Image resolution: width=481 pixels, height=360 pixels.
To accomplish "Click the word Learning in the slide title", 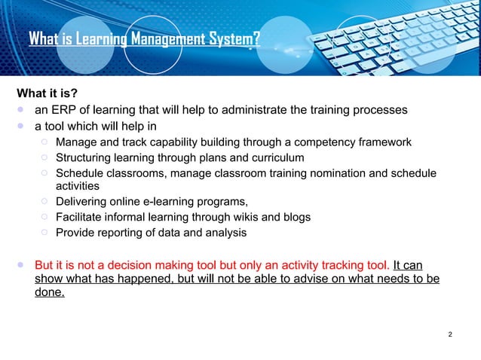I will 98,38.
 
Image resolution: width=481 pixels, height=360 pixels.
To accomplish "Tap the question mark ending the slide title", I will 256,38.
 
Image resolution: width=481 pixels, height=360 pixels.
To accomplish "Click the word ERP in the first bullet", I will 66,110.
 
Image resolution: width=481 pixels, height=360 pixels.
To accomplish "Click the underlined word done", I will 50,294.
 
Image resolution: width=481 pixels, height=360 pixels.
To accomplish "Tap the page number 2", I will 450,334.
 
